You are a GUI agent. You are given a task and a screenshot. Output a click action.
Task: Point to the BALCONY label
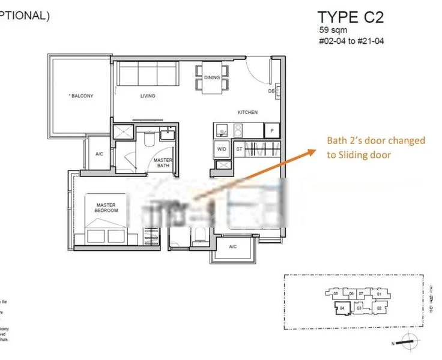point(81,96)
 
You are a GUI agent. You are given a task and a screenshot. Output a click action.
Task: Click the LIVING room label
point(147,96)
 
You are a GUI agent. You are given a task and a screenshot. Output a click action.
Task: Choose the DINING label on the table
point(212,77)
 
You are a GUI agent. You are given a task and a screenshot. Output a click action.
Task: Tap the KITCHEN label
point(247,112)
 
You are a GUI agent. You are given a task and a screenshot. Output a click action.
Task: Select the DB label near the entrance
point(271,91)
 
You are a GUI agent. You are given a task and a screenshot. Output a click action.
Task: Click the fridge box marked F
point(272,130)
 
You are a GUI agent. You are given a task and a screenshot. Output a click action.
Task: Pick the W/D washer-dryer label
point(221,149)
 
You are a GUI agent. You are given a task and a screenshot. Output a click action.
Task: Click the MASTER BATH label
point(163,163)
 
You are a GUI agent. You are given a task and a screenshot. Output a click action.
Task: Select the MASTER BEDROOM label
point(106,208)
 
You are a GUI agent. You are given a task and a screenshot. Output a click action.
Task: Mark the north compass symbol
point(410,340)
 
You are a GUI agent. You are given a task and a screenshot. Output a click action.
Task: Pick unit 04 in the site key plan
point(342,308)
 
